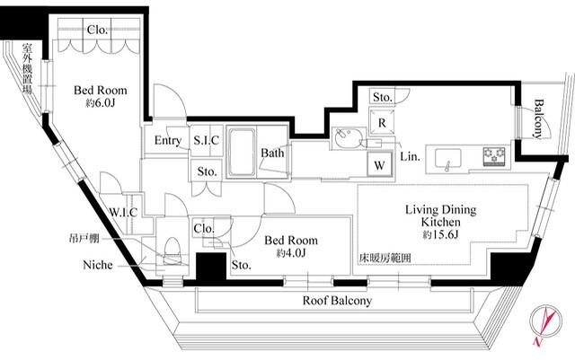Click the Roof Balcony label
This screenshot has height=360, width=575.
(337, 301)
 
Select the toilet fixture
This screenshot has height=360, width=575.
(172, 251)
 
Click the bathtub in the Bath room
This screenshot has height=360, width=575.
(242, 152)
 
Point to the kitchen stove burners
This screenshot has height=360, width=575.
(494, 156)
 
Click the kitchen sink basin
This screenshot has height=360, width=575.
(447, 159)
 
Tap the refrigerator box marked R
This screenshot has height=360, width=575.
(382, 122)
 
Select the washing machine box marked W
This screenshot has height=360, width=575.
(379, 165)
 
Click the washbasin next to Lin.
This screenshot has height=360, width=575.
(349, 138)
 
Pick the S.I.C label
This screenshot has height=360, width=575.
(206, 140)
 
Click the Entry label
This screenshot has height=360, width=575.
(168, 140)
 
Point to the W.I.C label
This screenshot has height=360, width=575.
(124, 212)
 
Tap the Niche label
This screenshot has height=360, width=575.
(98, 265)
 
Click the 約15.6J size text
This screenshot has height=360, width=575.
(440, 234)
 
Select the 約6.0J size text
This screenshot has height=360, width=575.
(100, 103)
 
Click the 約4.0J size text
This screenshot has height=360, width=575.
(291, 253)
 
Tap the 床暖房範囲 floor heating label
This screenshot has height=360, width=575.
(385, 258)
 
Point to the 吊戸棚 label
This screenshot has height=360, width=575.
(84, 238)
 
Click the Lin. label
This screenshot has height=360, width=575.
(410, 157)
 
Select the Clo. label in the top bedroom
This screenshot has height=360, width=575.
(97, 30)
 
